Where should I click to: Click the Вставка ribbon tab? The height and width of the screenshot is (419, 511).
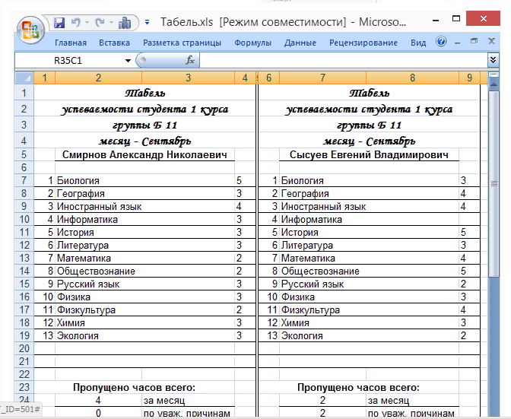pos(114,43)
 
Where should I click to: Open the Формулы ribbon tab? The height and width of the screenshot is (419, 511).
pos(252,43)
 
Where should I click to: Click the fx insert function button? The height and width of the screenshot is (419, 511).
pos(190,59)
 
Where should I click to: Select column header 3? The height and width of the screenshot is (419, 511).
pos(188,78)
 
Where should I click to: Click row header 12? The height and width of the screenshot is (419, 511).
pos(24,245)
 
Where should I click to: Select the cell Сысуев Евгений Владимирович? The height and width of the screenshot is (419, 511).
pos(369,154)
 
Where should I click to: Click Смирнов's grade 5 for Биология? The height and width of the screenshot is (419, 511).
pos(239,180)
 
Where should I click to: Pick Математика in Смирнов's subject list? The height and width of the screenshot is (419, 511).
pos(84,258)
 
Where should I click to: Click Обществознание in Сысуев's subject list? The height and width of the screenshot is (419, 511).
pos(320,271)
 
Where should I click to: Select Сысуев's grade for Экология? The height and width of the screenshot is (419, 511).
pos(463,335)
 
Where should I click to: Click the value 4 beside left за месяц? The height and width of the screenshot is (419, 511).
pos(98,400)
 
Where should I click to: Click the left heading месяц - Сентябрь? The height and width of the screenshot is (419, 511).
pos(144,141)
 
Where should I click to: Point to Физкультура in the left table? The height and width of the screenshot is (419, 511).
pos(86,309)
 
